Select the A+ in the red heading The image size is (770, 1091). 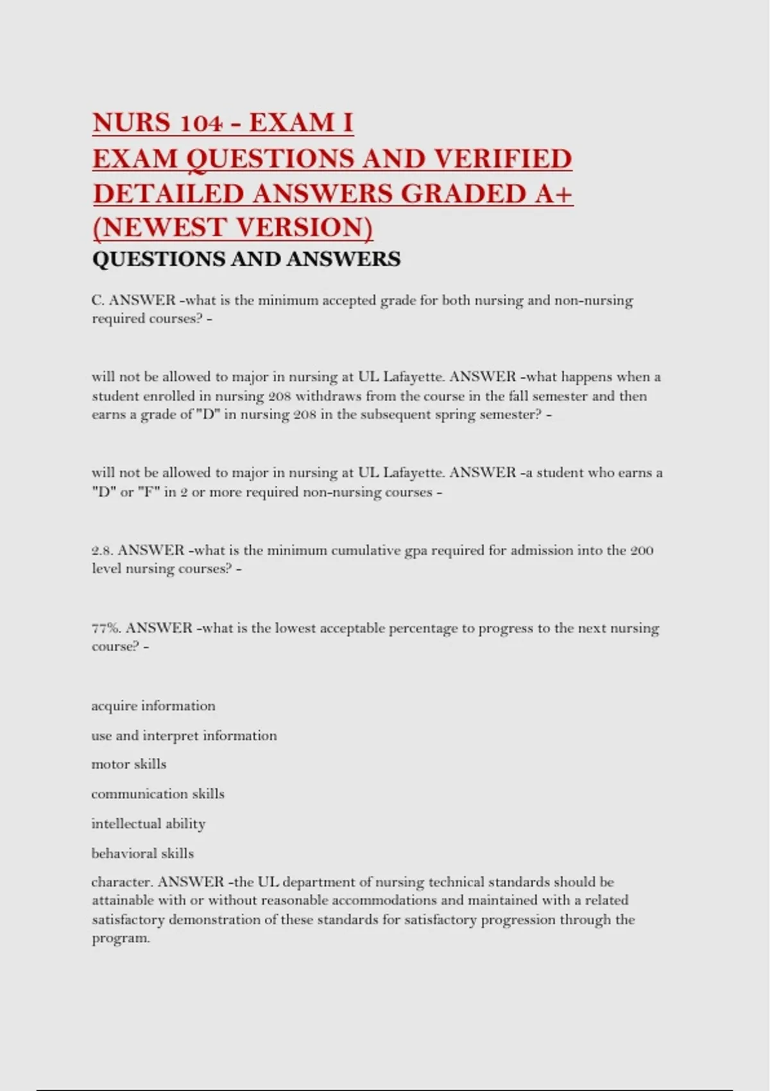(553, 194)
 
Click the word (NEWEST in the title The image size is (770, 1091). (160, 228)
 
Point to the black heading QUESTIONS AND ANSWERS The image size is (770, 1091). (246, 259)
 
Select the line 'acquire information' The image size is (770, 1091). (153, 706)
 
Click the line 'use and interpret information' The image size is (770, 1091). (184, 735)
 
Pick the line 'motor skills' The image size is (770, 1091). (129, 764)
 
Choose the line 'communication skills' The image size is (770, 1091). (158, 794)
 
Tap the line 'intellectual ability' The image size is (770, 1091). (148, 823)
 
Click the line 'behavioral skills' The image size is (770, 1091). (142, 854)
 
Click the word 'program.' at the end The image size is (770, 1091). (121, 938)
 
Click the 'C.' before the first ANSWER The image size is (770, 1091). (98, 300)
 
